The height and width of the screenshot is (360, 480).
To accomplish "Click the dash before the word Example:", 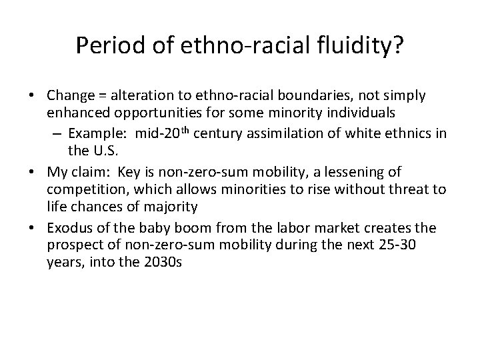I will point(57,132).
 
